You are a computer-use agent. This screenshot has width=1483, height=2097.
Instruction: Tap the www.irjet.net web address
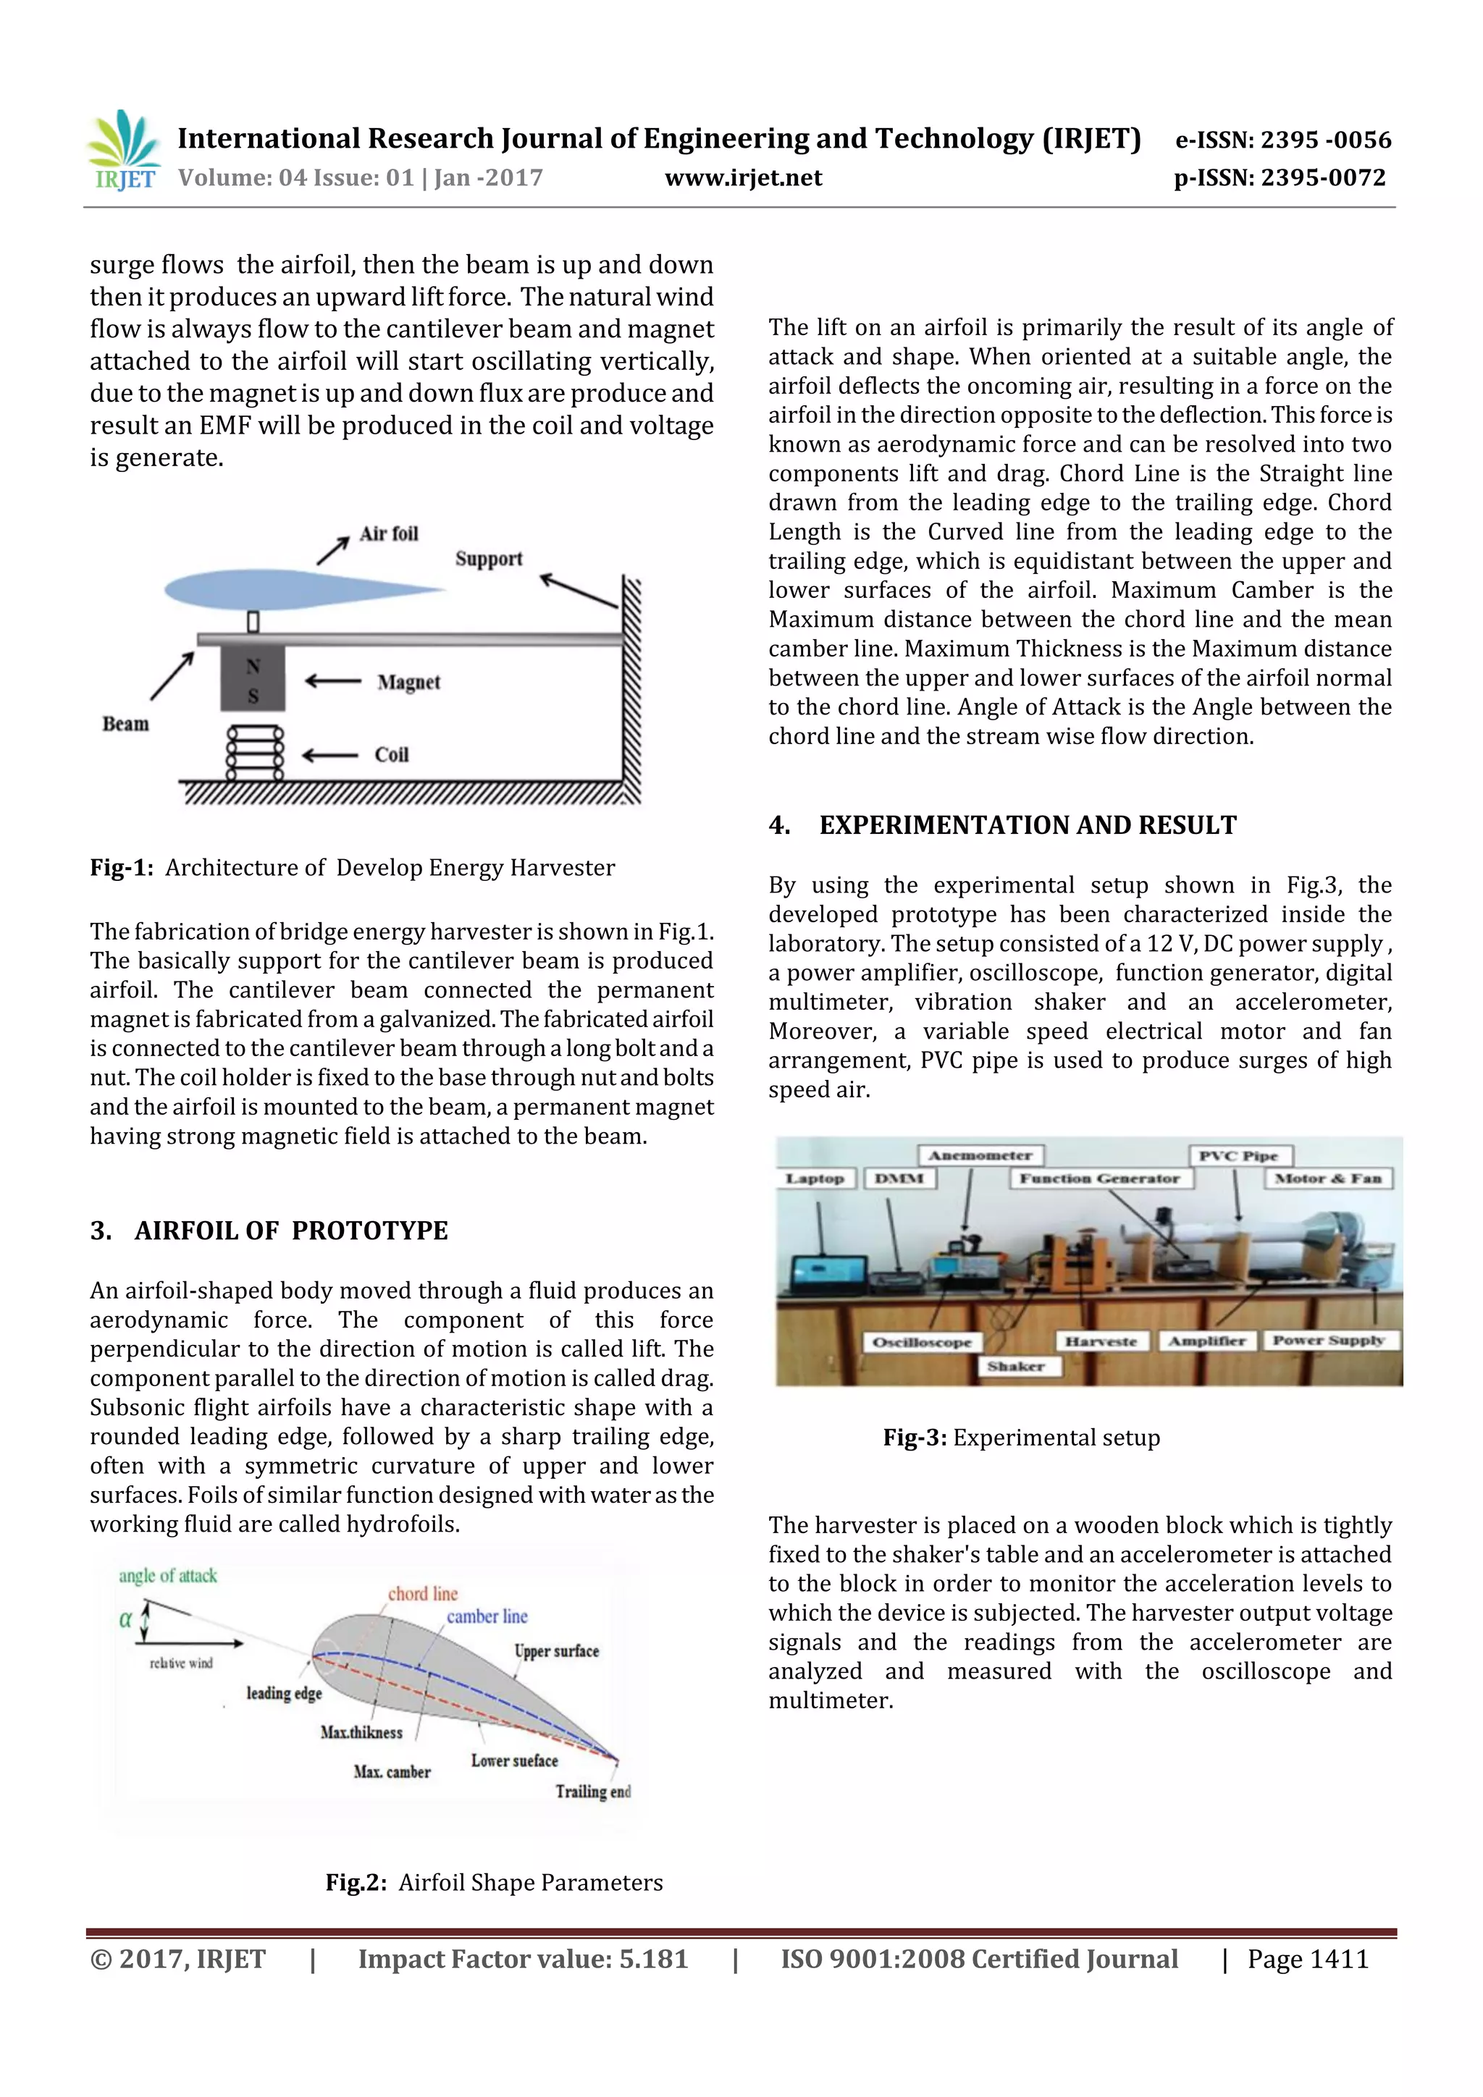[743, 178]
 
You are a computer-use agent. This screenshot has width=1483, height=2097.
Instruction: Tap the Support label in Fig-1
[489, 558]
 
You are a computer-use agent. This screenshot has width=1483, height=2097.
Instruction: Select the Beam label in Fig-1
[125, 723]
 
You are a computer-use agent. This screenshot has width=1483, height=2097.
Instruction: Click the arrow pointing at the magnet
[332, 681]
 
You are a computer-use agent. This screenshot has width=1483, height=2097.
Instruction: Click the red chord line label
[422, 1594]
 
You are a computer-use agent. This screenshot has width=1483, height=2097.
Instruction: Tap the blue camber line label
[487, 1616]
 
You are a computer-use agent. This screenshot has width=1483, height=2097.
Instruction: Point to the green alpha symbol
[125, 1620]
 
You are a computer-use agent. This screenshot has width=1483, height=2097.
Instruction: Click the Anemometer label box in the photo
[980, 1155]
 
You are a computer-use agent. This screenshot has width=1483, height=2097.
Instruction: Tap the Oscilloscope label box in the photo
[922, 1342]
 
